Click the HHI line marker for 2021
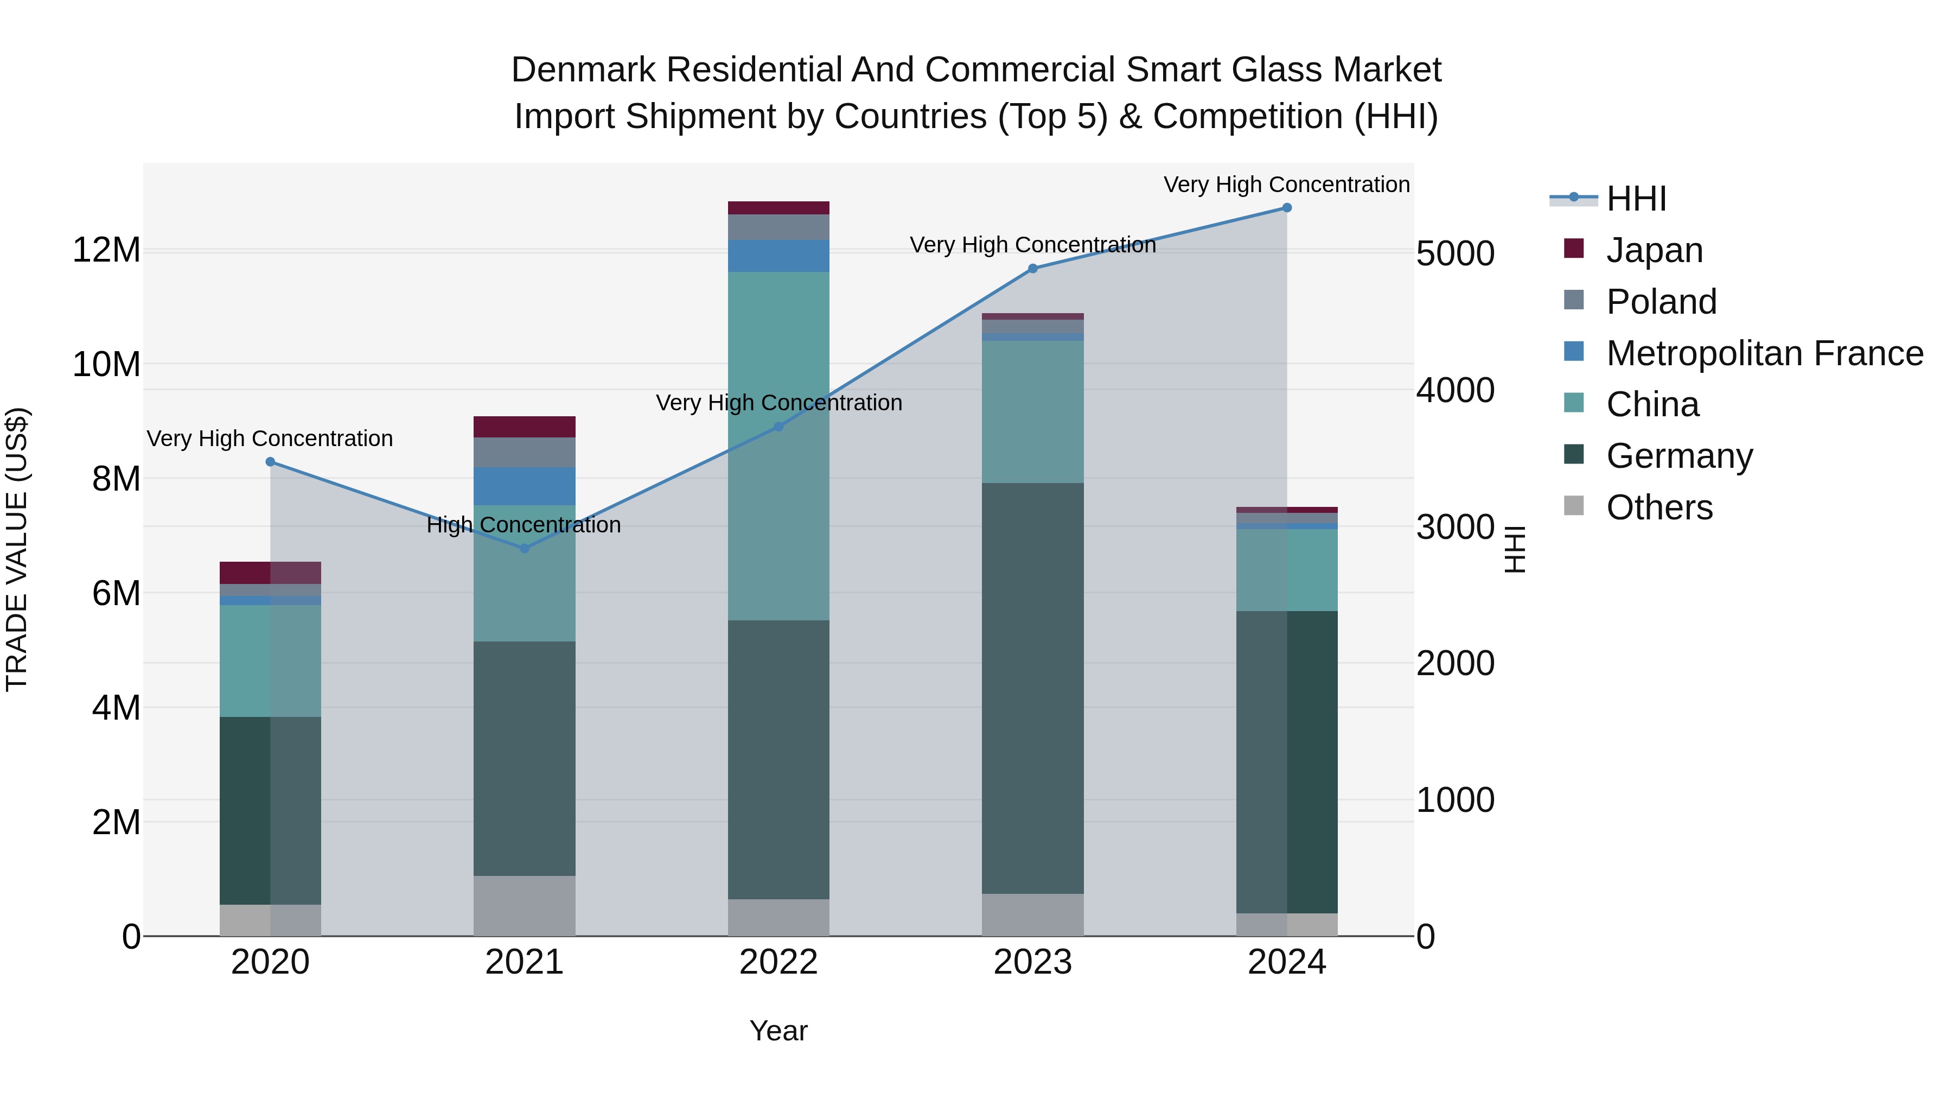tap(524, 548)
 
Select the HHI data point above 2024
tap(1287, 208)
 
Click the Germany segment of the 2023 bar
tap(1032, 688)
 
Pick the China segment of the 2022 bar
tap(778, 446)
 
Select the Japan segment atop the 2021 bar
tap(524, 427)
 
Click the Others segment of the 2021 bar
tap(524, 906)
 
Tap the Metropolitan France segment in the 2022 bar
tap(778, 256)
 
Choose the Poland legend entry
tap(1661, 302)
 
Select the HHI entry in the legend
tap(1635, 199)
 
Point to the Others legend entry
tap(1659, 507)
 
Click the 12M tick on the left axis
tap(106, 250)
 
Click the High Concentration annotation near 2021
tap(524, 525)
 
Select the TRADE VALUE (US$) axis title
tap(17, 549)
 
